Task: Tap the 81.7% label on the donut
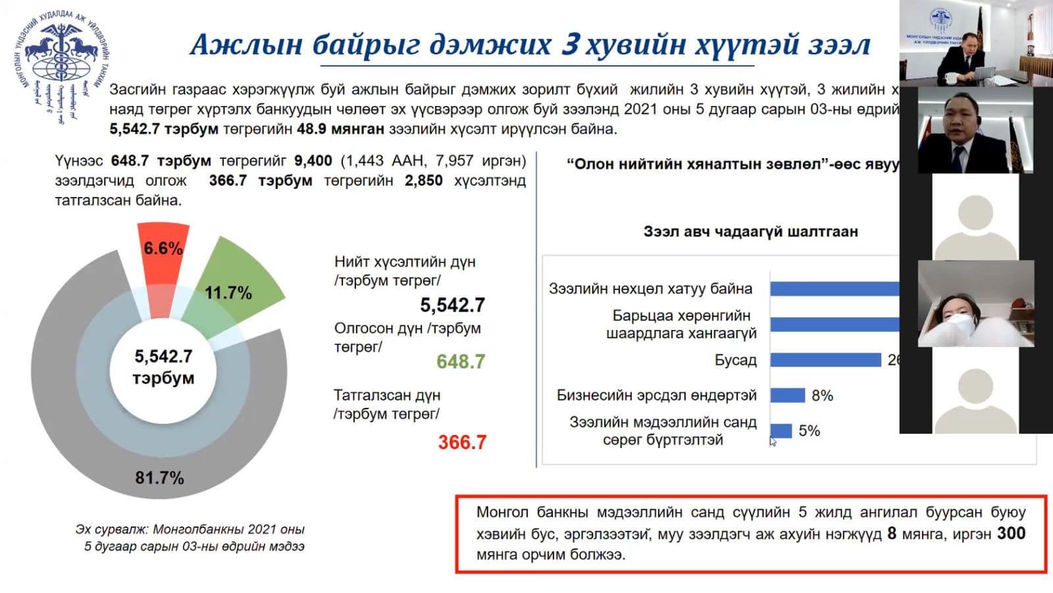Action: (x=159, y=478)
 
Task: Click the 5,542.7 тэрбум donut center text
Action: (x=163, y=367)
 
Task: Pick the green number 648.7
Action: (x=461, y=361)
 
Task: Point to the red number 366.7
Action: (x=462, y=442)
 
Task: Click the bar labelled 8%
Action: (x=787, y=395)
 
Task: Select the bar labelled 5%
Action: (x=781, y=431)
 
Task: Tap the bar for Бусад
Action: (x=825, y=360)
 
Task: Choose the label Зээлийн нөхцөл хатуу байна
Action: (x=650, y=289)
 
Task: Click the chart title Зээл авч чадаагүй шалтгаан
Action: (x=750, y=231)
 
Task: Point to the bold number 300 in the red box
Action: (x=1011, y=533)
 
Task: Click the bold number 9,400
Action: (x=313, y=161)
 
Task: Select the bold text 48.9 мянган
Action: (x=340, y=128)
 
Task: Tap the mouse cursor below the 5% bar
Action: (x=773, y=442)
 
